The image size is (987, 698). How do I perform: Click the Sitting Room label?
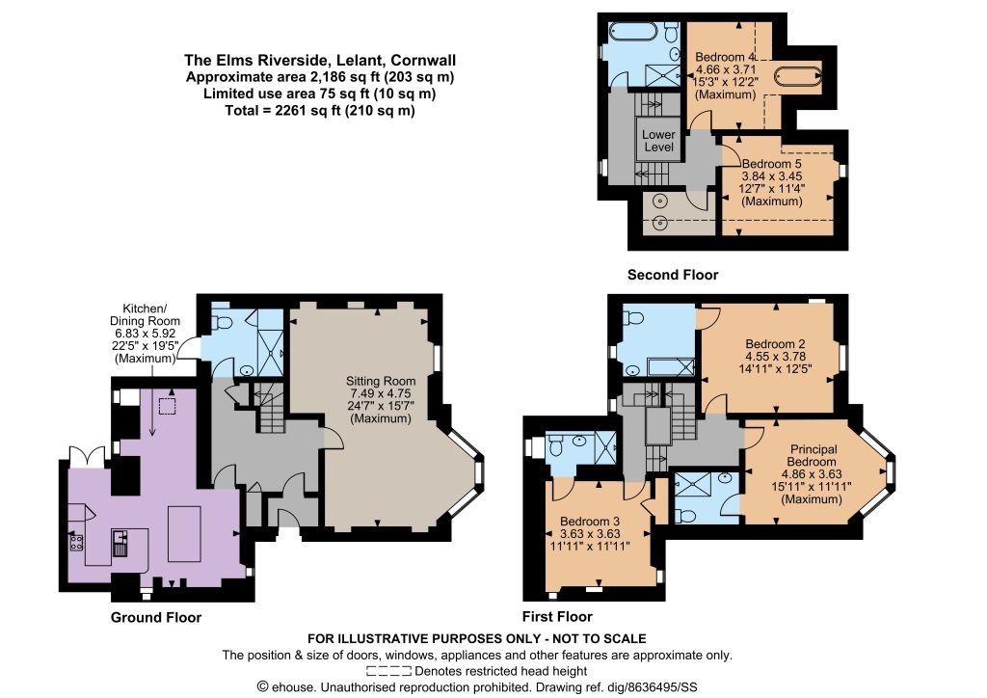tap(381, 382)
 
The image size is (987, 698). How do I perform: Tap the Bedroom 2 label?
tap(775, 344)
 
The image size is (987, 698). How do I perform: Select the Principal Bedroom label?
tap(814, 456)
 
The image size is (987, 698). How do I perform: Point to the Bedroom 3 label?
tap(590, 522)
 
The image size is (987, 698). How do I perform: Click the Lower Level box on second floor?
tap(658, 139)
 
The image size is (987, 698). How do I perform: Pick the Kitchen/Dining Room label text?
tap(145, 314)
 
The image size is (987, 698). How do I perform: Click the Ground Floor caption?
tap(156, 617)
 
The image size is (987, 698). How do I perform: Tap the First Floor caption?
tap(558, 616)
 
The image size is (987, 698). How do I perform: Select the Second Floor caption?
tap(673, 275)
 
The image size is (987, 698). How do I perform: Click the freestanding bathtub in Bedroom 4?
tap(797, 75)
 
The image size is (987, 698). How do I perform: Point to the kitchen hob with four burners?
tap(76, 543)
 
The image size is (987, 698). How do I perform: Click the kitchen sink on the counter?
tap(120, 544)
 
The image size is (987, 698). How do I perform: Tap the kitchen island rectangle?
tap(184, 533)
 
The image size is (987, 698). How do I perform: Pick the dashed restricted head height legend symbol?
tap(388, 672)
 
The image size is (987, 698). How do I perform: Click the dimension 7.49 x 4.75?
tap(381, 394)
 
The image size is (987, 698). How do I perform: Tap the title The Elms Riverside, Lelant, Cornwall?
tap(320, 61)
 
